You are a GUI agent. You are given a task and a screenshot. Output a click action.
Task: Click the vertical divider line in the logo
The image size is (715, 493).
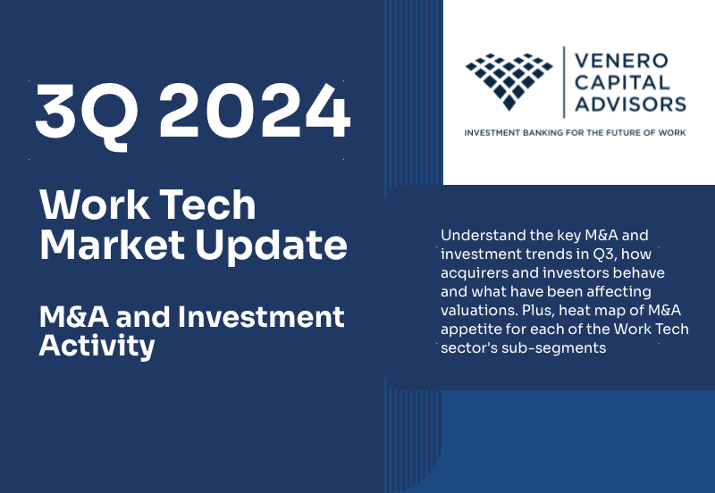click(563, 83)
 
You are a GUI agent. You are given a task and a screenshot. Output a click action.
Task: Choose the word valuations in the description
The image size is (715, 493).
click(475, 310)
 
